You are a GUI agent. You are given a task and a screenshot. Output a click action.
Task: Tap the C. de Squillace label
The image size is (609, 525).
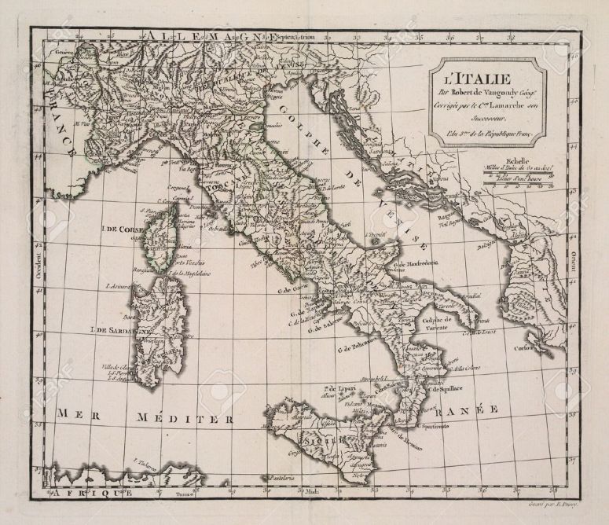(449, 389)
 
